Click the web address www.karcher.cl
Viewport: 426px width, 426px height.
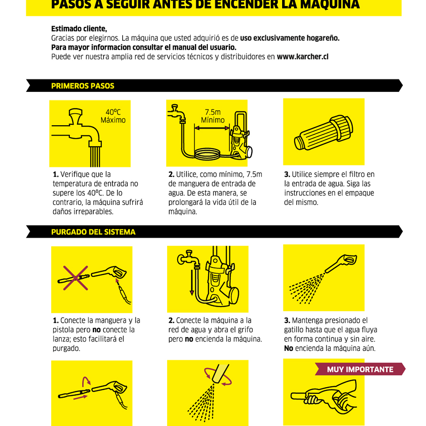tap(302, 57)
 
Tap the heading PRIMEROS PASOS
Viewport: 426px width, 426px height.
tap(83, 86)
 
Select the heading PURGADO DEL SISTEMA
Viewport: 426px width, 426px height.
tap(93, 232)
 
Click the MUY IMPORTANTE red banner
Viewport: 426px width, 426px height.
tap(360, 369)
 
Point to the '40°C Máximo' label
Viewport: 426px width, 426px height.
tap(113, 116)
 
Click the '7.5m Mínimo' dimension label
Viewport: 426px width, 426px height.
tap(213, 116)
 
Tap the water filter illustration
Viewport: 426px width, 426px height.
tap(324, 132)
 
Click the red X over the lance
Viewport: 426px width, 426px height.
tap(75, 278)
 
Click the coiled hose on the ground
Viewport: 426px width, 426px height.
tap(207, 154)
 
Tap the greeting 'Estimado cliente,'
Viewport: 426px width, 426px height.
tap(79, 29)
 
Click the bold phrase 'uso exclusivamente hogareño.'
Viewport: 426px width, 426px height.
tap(290, 38)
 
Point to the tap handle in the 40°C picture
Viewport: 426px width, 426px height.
tap(75, 116)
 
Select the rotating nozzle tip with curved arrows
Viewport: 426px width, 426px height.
tap(220, 374)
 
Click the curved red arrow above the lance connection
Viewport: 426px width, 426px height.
tap(86, 381)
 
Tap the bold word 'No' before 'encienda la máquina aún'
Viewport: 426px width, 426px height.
tap(288, 348)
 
